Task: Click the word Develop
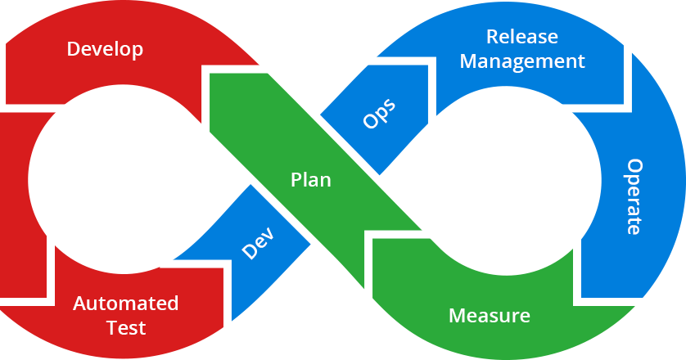[x=105, y=49]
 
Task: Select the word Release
[x=521, y=37]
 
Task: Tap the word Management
[x=522, y=61]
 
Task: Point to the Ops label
[x=379, y=114]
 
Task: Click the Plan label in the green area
[x=311, y=180]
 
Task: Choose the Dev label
[x=259, y=241]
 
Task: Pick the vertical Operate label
[x=634, y=196]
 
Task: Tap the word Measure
[x=490, y=316]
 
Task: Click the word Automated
[x=125, y=304]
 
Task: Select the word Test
[x=126, y=328]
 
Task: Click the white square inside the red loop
[x=113, y=184]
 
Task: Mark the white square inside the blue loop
[x=499, y=176]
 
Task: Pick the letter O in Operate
[x=634, y=165]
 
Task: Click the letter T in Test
[x=112, y=328]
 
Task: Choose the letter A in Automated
[x=79, y=304]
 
